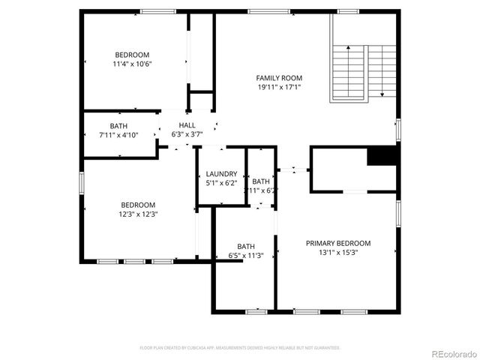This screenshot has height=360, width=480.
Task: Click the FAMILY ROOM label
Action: (279, 78)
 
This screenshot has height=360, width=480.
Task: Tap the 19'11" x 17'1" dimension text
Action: (279, 87)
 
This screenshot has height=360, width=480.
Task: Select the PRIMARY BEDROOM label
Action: (337, 243)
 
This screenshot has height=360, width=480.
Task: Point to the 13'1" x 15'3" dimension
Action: (337, 253)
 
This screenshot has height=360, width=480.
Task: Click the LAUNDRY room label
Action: (221, 173)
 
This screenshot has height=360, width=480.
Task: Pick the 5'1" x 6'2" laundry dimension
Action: (221, 182)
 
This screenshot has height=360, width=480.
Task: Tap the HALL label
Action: (187, 124)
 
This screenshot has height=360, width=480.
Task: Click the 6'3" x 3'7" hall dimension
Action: (187, 134)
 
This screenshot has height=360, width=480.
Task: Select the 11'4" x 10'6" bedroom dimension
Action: (132, 64)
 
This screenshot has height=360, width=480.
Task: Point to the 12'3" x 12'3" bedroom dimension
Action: (139, 214)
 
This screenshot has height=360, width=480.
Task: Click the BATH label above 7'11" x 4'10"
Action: (118, 126)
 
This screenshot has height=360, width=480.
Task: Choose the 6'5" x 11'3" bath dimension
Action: (246, 255)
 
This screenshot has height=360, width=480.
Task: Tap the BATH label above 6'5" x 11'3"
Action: (246, 246)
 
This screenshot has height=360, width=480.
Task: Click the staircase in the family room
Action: (364, 73)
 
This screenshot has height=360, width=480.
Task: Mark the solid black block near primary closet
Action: (381, 156)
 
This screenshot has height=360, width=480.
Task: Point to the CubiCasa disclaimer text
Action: (240, 348)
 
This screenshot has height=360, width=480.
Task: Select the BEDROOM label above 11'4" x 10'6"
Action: (132, 55)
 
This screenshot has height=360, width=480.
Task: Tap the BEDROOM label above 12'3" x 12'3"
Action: (139, 205)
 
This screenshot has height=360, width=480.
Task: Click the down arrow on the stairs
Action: (382, 93)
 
